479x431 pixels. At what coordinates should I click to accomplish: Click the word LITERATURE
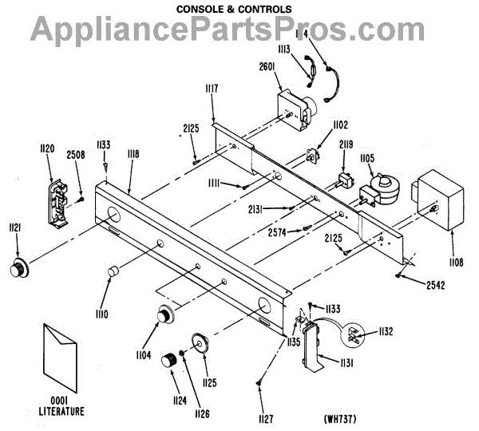[x=66, y=413]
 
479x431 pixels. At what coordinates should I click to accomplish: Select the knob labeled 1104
[x=165, y=316]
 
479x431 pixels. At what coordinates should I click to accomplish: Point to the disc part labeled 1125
[x=200, y=342]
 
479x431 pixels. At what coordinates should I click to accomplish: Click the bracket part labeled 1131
[x=312, y=351]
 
